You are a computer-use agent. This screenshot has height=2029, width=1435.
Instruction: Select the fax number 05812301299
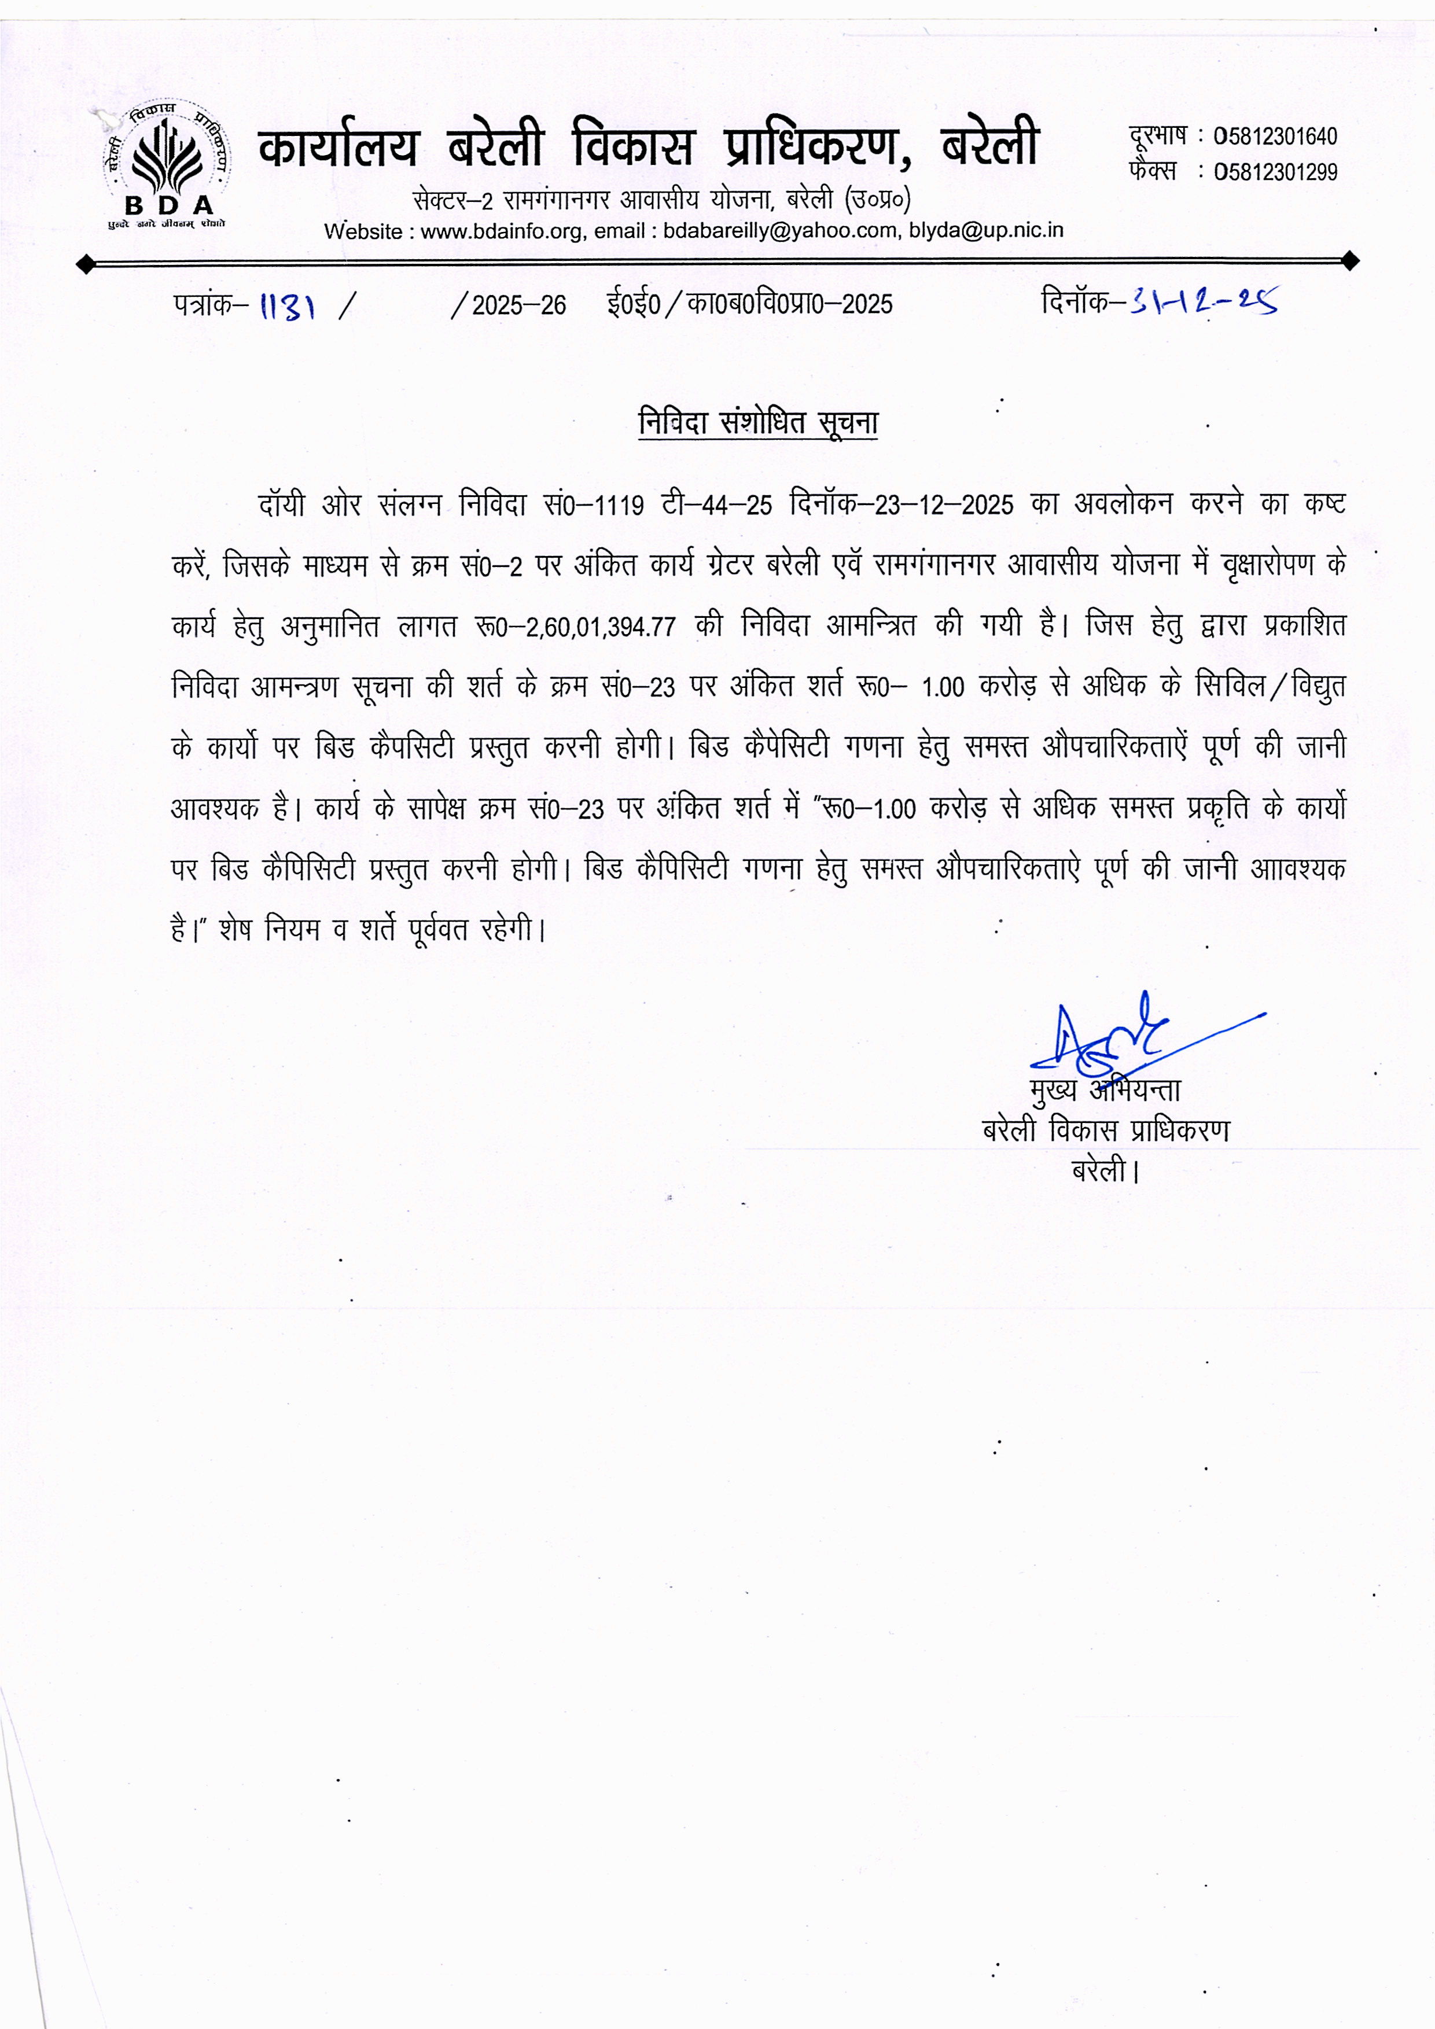pyautogui.click(x=1275, y=172)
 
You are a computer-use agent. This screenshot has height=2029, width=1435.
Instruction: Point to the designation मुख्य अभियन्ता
pyautogui.click(x=1105, y=1091)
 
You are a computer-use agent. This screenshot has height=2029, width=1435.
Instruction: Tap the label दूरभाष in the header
pyautogui.click(x=1157, y=135)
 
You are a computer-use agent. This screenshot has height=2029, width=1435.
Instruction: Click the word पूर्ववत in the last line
pyautogui.click(x=437, y=930)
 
